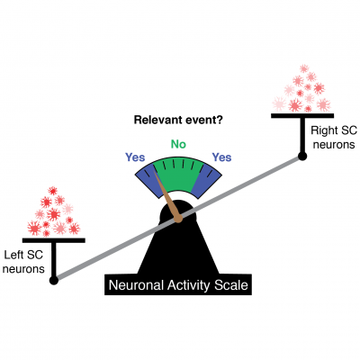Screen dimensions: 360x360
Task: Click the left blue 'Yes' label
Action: click(136, 157)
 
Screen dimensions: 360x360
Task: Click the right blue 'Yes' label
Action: click(220, 157)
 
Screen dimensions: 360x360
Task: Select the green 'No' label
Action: click(178, 142)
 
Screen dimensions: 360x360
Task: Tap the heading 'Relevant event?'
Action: click(178, 119)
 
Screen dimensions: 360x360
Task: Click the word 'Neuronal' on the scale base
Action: click(137, 286)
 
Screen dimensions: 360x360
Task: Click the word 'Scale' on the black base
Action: click(229, 286)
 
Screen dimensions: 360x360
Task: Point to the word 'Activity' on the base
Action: click(187, 286)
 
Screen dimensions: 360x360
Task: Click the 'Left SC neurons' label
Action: click(24, 261)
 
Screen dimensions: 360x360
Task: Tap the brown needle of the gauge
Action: click(168, 191)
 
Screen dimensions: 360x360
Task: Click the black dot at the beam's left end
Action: click(54, 280)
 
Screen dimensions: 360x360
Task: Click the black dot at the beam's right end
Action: click(303, 157)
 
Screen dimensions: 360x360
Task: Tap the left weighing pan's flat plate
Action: click(54, 240)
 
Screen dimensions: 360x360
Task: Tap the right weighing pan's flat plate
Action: click(302, 116)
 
